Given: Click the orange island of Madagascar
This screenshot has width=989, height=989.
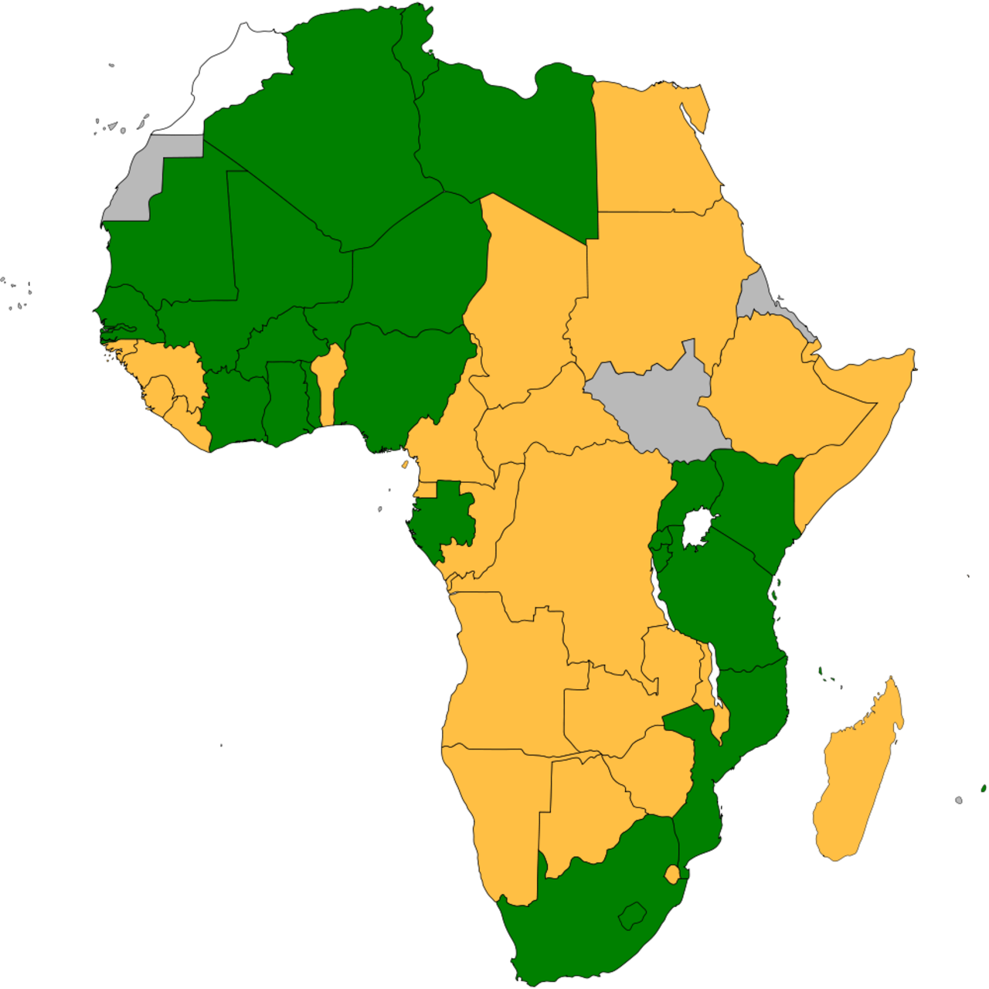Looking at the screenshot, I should (858, 780).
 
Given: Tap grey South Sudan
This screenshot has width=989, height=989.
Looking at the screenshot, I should (657, 402).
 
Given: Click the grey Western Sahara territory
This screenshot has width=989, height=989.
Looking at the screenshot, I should (139, 182).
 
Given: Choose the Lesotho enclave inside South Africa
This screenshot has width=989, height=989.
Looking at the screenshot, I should (633, 916).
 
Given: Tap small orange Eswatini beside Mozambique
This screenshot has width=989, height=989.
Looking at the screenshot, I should (672, 874).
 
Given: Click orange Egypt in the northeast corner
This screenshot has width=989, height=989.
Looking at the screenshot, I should (649, 147).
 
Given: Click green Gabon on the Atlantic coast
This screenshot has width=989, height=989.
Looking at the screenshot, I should (444, 518).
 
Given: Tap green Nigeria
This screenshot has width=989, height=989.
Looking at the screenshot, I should (402, 379).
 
